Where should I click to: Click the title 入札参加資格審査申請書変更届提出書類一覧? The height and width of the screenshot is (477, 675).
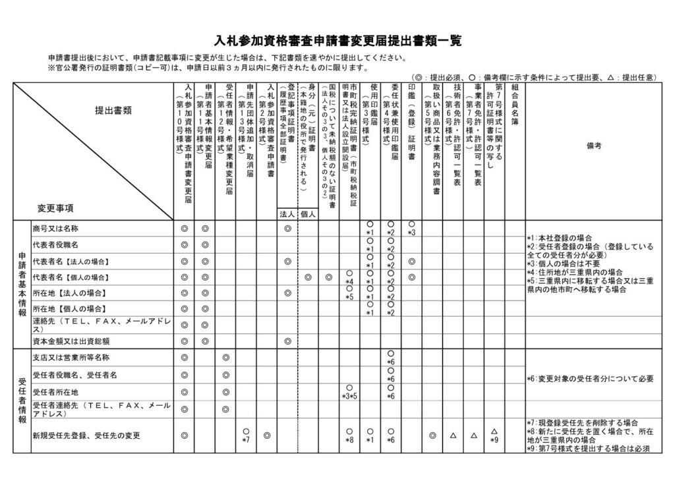tap(337, 41)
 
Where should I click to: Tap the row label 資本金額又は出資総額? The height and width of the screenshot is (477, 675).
tap(71, 341)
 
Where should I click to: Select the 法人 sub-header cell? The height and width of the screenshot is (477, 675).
tap(287, 213)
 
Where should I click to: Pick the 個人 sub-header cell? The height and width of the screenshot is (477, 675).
tap(308, 213)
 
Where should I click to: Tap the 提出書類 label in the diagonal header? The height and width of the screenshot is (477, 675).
tap(113, 110)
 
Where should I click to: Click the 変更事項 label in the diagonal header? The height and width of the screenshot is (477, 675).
tap(56, 207)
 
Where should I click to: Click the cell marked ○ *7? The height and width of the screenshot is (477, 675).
tap(245, 435)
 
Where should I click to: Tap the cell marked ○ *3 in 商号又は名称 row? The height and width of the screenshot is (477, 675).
tap(411, 229)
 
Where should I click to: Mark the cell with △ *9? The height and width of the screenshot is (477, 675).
tap(494, 435)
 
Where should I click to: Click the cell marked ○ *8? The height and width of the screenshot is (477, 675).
tap(349, 435)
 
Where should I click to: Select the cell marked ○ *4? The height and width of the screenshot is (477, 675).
tap(349, 277)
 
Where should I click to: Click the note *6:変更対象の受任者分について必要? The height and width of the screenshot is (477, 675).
tap(590, 379)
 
